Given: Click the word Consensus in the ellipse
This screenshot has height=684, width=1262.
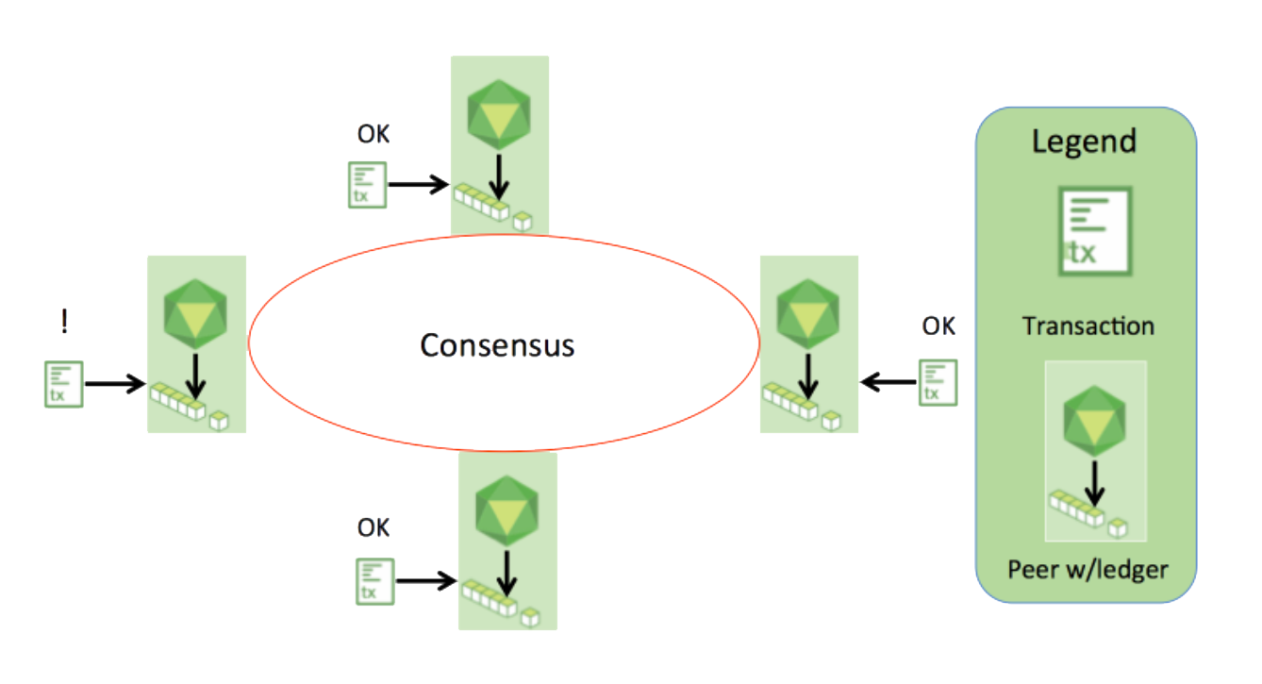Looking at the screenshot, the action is (497, 344).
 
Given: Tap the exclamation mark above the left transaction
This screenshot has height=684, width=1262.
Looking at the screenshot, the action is (64, 321).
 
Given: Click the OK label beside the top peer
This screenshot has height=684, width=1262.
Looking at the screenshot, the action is (373, 134).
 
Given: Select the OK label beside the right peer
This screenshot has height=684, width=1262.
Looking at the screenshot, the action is (938, 325).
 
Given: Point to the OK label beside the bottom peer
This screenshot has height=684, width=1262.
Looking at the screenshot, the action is (373, 527).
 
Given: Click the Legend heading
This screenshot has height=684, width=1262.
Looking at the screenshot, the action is (1084, 142).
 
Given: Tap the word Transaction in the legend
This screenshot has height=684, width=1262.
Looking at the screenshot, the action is (1088, 326).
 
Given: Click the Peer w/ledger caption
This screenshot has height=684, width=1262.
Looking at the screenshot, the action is (1088, 570).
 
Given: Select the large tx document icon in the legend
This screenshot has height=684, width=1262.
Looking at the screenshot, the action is (1095, 231).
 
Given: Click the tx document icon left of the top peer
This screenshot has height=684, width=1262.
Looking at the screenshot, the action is (367, 185).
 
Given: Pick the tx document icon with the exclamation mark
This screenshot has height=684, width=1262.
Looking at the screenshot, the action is (63, 384).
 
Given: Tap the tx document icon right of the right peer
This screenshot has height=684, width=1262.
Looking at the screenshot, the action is (938, 382).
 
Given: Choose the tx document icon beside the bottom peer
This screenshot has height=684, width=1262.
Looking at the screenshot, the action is (375, 581).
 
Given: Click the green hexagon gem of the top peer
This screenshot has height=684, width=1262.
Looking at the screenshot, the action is (499, 114).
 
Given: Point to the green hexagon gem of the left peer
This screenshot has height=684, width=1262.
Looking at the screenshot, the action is (195, 314).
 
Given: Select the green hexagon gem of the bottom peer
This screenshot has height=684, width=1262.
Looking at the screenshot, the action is (506, 510).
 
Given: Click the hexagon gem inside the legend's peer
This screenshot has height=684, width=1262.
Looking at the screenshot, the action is (1094, 421).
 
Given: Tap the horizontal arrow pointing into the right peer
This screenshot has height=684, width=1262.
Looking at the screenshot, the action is (888, 382).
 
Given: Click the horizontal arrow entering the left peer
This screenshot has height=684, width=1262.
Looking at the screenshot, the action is (115, 384).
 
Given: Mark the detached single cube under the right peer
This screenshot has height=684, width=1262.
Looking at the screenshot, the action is (832, 421).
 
